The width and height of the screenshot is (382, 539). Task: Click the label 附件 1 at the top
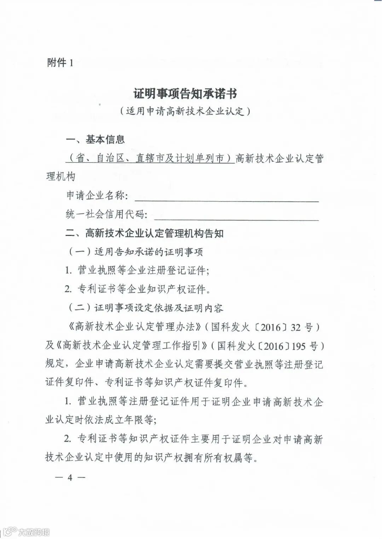(60, 63)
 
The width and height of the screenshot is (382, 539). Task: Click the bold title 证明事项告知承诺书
(185, 94)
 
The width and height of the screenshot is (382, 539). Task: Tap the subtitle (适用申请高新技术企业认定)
(185, 111)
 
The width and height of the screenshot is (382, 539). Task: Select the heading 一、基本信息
(95, 140)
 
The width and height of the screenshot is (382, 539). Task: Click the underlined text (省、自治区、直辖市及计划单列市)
(150, 158)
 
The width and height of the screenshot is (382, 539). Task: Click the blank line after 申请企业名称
(226, 198)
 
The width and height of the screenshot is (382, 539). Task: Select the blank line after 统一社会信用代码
(236, 217)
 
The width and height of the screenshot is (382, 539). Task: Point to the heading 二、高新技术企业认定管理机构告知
(145, 233)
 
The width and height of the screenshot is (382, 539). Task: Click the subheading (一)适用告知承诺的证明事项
(135, 252)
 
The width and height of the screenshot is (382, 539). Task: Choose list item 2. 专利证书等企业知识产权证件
(138, 289)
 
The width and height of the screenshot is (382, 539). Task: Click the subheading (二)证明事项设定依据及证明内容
(145, 308)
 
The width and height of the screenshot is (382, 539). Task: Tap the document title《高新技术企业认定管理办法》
(135, 327)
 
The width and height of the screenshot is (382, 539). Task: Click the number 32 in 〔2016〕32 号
(296, 327)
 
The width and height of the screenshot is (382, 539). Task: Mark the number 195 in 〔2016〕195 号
(299, 346)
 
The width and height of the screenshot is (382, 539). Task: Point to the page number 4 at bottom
(70, 478)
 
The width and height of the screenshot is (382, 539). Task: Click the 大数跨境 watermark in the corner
(34, 532)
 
